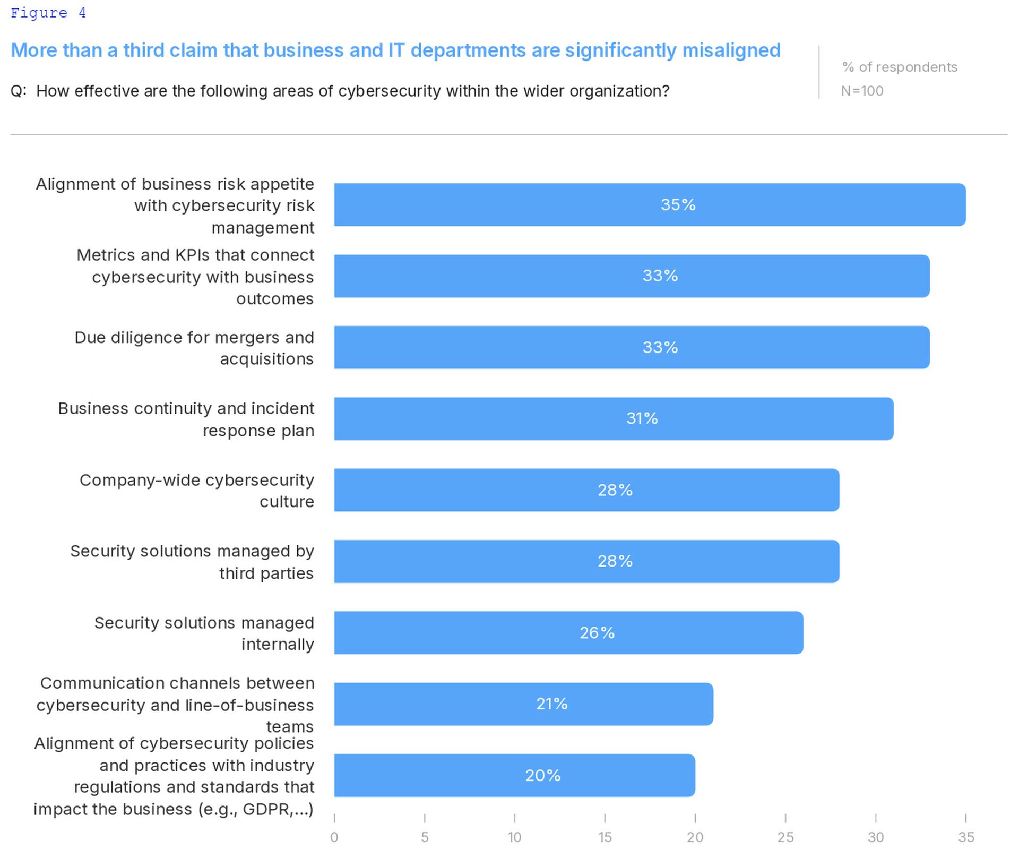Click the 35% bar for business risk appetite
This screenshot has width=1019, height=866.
[x=650, y=204]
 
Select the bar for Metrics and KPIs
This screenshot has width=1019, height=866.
[x=632, y=276]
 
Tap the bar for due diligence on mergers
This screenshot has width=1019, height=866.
[x=632, y=347]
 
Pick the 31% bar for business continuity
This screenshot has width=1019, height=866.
[x=614, y=418]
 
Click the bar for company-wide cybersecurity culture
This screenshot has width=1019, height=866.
[x=586, y=490]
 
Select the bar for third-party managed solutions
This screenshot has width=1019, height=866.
[x=586, y=561]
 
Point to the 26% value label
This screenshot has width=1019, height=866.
[x=597, y=632]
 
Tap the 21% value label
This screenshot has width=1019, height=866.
[x=552, y=704]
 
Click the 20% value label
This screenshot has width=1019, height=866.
[x=543, y=775]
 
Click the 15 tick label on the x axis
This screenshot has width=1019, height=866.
[x=605, y=837]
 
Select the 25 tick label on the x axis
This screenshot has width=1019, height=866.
[x=785, y=837]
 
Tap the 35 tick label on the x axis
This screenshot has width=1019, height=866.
[x=966, y=837]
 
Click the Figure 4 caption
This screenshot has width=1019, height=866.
[x=48, y=13]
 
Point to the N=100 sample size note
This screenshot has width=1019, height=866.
[x=862, y=91]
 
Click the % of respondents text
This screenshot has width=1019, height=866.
[x=900, y=67]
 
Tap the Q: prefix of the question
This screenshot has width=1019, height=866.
[x=19, y=91]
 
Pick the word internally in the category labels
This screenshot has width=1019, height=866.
[x=278, y=644]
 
